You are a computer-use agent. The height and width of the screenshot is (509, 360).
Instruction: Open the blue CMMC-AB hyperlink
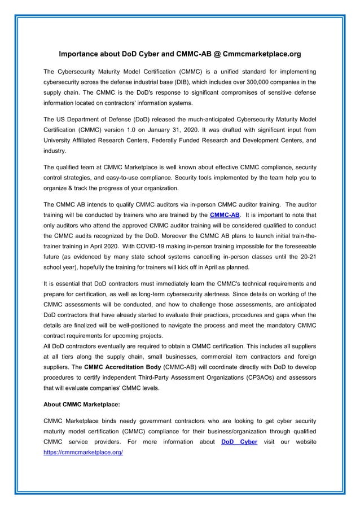(x=225, y=215)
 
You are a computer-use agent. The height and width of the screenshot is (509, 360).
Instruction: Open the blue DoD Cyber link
(x=239, y=442)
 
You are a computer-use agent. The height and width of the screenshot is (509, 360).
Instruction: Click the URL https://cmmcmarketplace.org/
(x=83, y=453)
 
